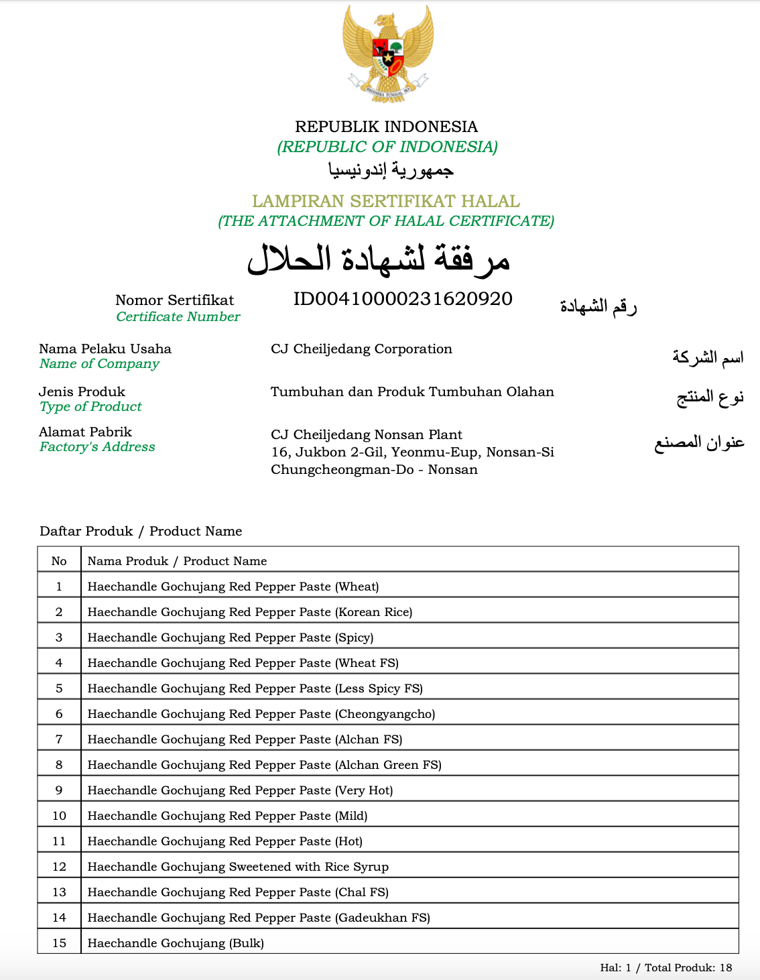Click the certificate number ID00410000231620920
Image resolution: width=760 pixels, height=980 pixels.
(x=403, y=299)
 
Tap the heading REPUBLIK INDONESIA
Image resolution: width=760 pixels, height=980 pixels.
(x=387, y=127)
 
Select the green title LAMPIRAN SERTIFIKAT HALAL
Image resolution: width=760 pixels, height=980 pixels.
(x=386, y=201)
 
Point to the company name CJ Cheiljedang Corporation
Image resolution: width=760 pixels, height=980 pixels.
(x=361, y=349)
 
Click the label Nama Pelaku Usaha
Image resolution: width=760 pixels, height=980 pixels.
(x=105, y=349)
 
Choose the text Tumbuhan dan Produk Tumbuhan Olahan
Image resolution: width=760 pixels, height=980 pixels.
(x=412, y=391)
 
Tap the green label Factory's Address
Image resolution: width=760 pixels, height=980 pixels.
(x=97, y=447)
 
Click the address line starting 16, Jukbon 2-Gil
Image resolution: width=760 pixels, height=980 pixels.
(x=412, y=452)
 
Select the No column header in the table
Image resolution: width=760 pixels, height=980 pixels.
(x=59, y=561)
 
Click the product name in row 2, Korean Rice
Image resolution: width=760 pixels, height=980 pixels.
(x=250, y=612)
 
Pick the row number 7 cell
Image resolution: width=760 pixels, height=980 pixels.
(x=59, y=739)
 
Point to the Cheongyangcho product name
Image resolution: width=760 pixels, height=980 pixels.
(x=261, y=714)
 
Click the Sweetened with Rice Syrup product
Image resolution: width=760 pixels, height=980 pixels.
(x=238, y=867)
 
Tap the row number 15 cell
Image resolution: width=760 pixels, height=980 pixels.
(x=59, y=943)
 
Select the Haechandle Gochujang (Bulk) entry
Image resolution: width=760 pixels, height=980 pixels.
(x=176, y=943)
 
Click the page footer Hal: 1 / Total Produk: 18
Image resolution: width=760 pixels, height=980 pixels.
(x=666, y=967)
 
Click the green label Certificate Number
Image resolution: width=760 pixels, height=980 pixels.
(x=178, y=317)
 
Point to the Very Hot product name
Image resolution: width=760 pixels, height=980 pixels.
(x=240, y=790)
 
